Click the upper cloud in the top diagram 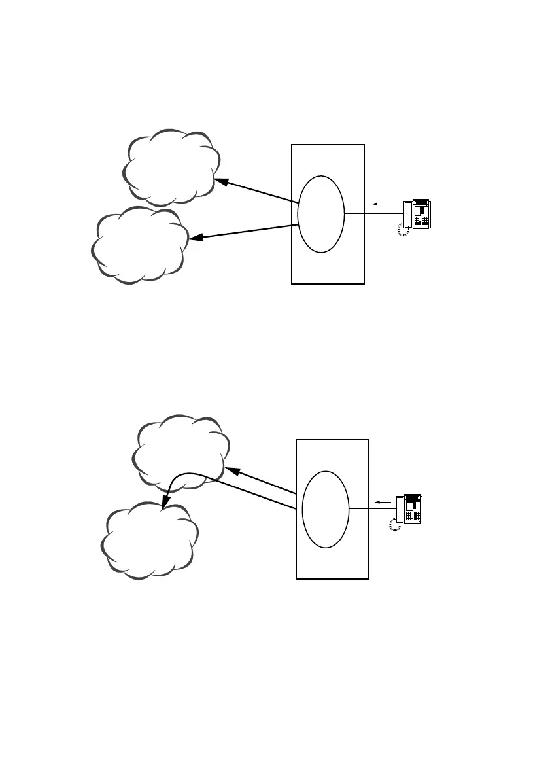click(170, 168)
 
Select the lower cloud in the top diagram click(139, 246)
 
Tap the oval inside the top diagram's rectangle click(320, 213)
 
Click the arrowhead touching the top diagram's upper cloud click(221, 180)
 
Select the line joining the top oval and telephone click(373, 214)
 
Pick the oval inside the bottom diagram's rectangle click(326, 509)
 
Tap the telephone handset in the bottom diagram click(399, 508)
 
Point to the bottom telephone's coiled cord click(394, 524)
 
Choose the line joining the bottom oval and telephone click(371, 509)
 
